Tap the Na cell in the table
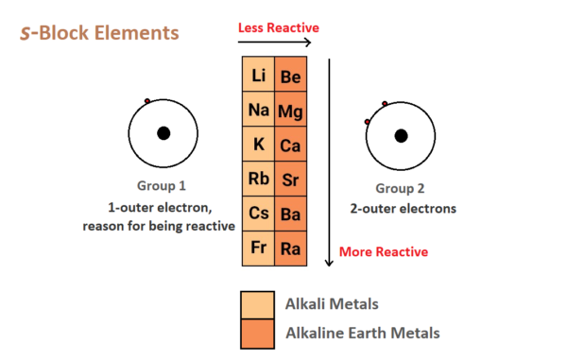tap(258, 111)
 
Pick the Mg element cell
tap(291, 111)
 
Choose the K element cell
tap(258, 145)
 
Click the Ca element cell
tap(291, 146)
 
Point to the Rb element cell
tap(258, 180)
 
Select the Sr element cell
tap(291, 180)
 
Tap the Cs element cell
tap(258, 214)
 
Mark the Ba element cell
tap(291, 214)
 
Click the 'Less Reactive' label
tap(278, 27)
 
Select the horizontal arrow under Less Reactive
tap(275, 42)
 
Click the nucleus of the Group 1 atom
tap(163, 134)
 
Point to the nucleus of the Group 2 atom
tap(402, 135)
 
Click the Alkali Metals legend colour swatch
tap(258, 304)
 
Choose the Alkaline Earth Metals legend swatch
tap(258, 334)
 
